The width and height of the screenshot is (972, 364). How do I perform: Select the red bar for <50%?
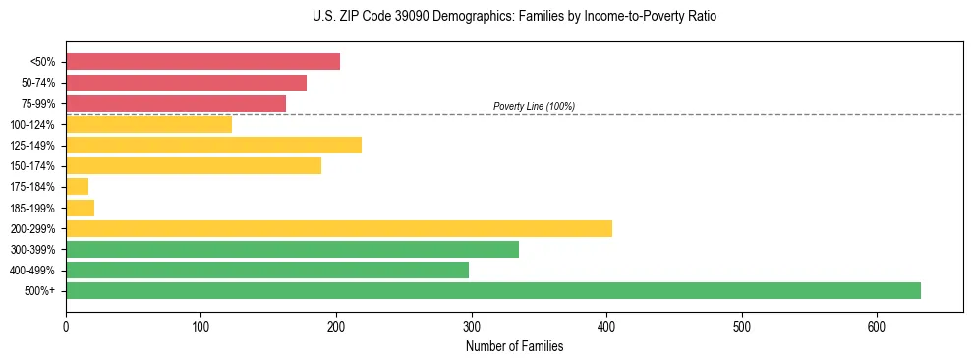click(x=202, y=62)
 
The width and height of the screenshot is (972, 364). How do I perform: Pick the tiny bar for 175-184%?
click(x=77, y=186)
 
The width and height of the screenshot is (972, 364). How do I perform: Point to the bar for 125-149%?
click(x=213, y=145)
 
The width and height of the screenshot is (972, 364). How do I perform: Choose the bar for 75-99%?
click(x=176, y=103)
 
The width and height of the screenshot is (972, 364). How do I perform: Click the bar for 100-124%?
click(x=148, y=124)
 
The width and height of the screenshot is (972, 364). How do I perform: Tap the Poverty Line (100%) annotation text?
click(x=534, y=106)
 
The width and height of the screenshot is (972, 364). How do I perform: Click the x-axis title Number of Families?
click(x=514, y=346)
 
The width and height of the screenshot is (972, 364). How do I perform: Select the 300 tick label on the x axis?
click(x=471, y=327)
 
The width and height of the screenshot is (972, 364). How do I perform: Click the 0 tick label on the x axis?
click(x=66, y=327)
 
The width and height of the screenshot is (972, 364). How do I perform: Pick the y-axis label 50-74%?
click(x=37, y=83)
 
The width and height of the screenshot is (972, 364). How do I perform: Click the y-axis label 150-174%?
click(x=32, y=166)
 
